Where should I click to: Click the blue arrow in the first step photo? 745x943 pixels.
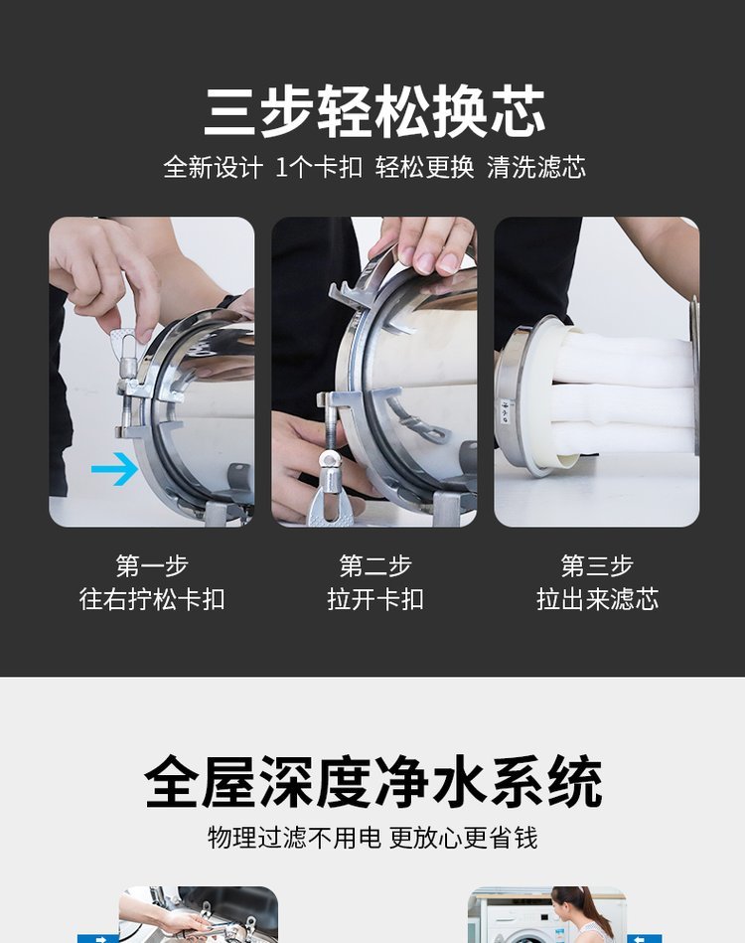[115, 469]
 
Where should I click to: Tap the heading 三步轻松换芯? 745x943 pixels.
[374, 112]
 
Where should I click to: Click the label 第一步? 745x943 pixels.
[152, 566]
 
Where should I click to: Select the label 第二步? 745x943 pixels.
[375, 566]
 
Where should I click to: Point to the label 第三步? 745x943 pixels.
[597, 566]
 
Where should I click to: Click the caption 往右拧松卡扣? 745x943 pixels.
[152, 599]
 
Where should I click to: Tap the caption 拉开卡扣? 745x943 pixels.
[375, 599]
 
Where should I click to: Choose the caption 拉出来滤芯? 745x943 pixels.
[597, 599]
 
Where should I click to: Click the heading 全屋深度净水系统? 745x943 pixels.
[373, 782]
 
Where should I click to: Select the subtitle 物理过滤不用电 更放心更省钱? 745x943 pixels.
[372, 838]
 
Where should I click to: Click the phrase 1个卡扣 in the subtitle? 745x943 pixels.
[319, 167]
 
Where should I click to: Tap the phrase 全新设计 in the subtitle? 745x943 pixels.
[213, 167]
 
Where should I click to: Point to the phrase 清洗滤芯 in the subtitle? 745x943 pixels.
[536, 167]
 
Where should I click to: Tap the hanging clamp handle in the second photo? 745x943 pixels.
[329, 486]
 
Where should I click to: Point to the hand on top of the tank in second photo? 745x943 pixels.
[424, 244]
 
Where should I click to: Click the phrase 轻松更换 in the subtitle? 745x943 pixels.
[424, 167]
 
